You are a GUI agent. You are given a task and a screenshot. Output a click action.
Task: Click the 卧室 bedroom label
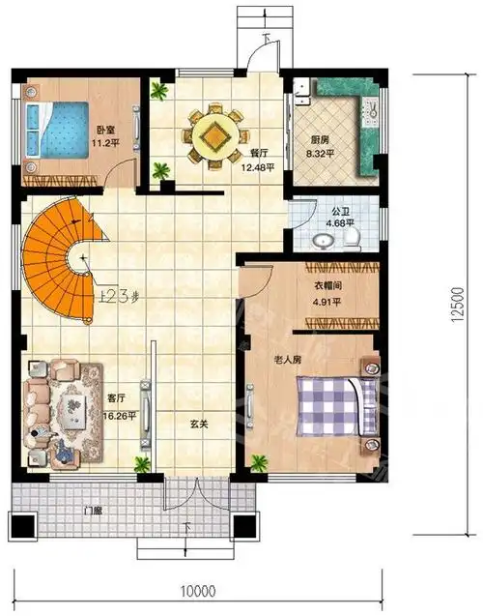[x=104, y=129]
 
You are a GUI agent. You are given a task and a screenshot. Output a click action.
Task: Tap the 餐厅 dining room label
[x=259, y=153]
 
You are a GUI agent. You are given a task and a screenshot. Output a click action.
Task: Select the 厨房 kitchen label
[x=318, y=139]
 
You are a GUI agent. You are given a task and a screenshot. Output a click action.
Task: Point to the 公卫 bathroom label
[x=339, y=210]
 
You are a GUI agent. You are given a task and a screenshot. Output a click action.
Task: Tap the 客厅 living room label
[x=118, y=396]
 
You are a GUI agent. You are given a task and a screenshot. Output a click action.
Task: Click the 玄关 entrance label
[x=196, y=423]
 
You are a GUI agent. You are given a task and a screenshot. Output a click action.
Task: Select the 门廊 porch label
[x=94, y=511]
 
